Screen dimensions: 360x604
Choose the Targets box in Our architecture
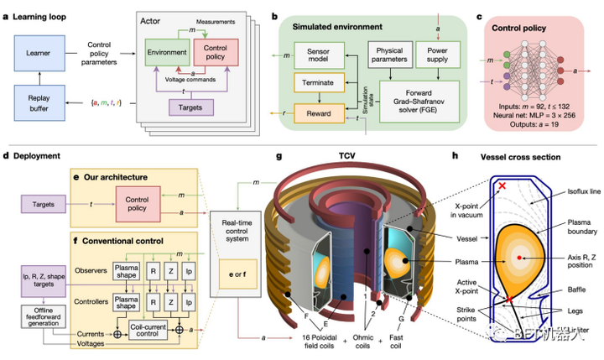[x=47, y=204]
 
